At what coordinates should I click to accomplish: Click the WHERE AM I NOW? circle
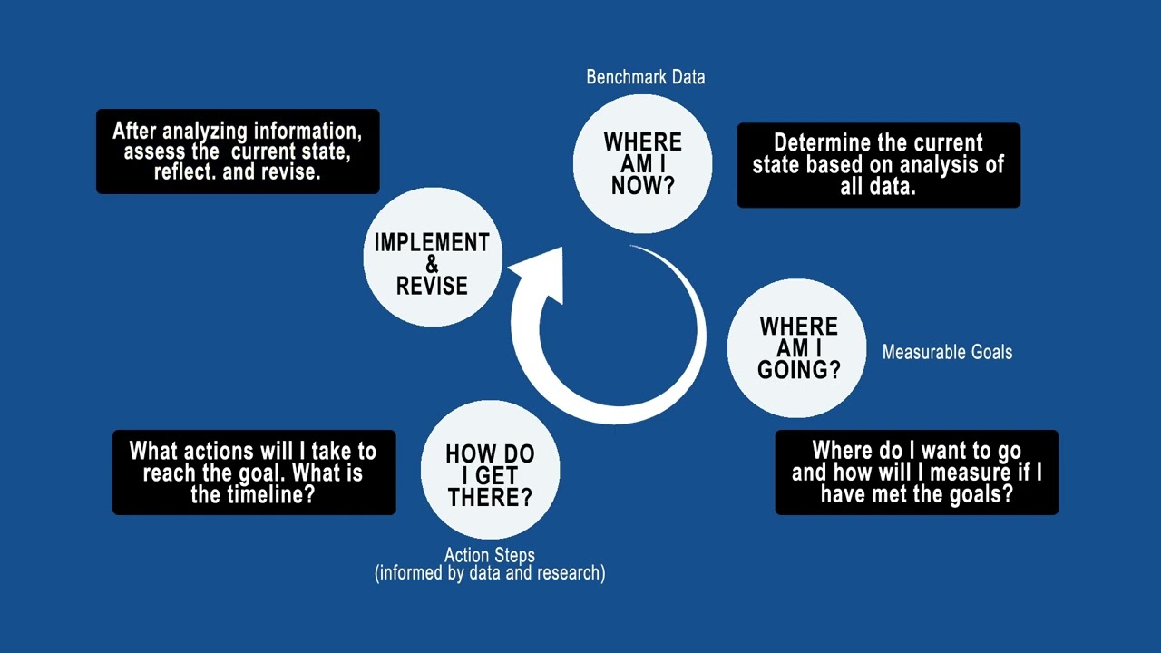642,164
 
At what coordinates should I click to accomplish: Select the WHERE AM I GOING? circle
797,348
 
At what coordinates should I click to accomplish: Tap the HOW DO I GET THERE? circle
490,472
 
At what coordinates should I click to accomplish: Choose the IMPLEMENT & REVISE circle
433,258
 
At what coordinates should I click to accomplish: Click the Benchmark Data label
646,77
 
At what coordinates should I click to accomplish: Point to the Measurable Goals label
947,352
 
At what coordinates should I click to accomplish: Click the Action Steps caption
490,555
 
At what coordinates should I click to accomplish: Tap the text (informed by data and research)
490,573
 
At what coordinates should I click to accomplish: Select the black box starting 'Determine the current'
878,165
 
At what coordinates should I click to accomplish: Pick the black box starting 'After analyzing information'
238,151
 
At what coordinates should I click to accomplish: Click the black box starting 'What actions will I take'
254,473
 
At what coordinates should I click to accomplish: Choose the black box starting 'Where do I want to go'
916,473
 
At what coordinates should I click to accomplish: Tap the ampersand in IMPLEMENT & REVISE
432,264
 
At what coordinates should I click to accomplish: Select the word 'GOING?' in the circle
798,370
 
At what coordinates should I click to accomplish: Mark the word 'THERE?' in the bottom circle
490,497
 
